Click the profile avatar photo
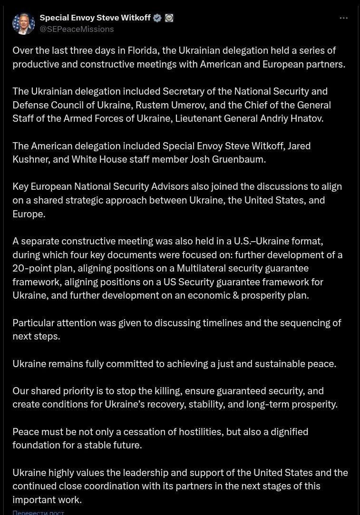(x=23, y=23)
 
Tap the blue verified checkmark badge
(x=157, y=18)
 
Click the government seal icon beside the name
(x=169, y=18)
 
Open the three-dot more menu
(x=343, y=18)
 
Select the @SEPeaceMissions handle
(x=77, y=29)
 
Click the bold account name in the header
(x=95, y=18)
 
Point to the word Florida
(x=143, y=50)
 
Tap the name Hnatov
(x=307, y=118)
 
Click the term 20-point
(x=42, y=268)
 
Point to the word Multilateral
(x=205, y=268)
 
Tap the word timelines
(x=222, y=323)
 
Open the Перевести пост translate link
(x=39, y=512)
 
